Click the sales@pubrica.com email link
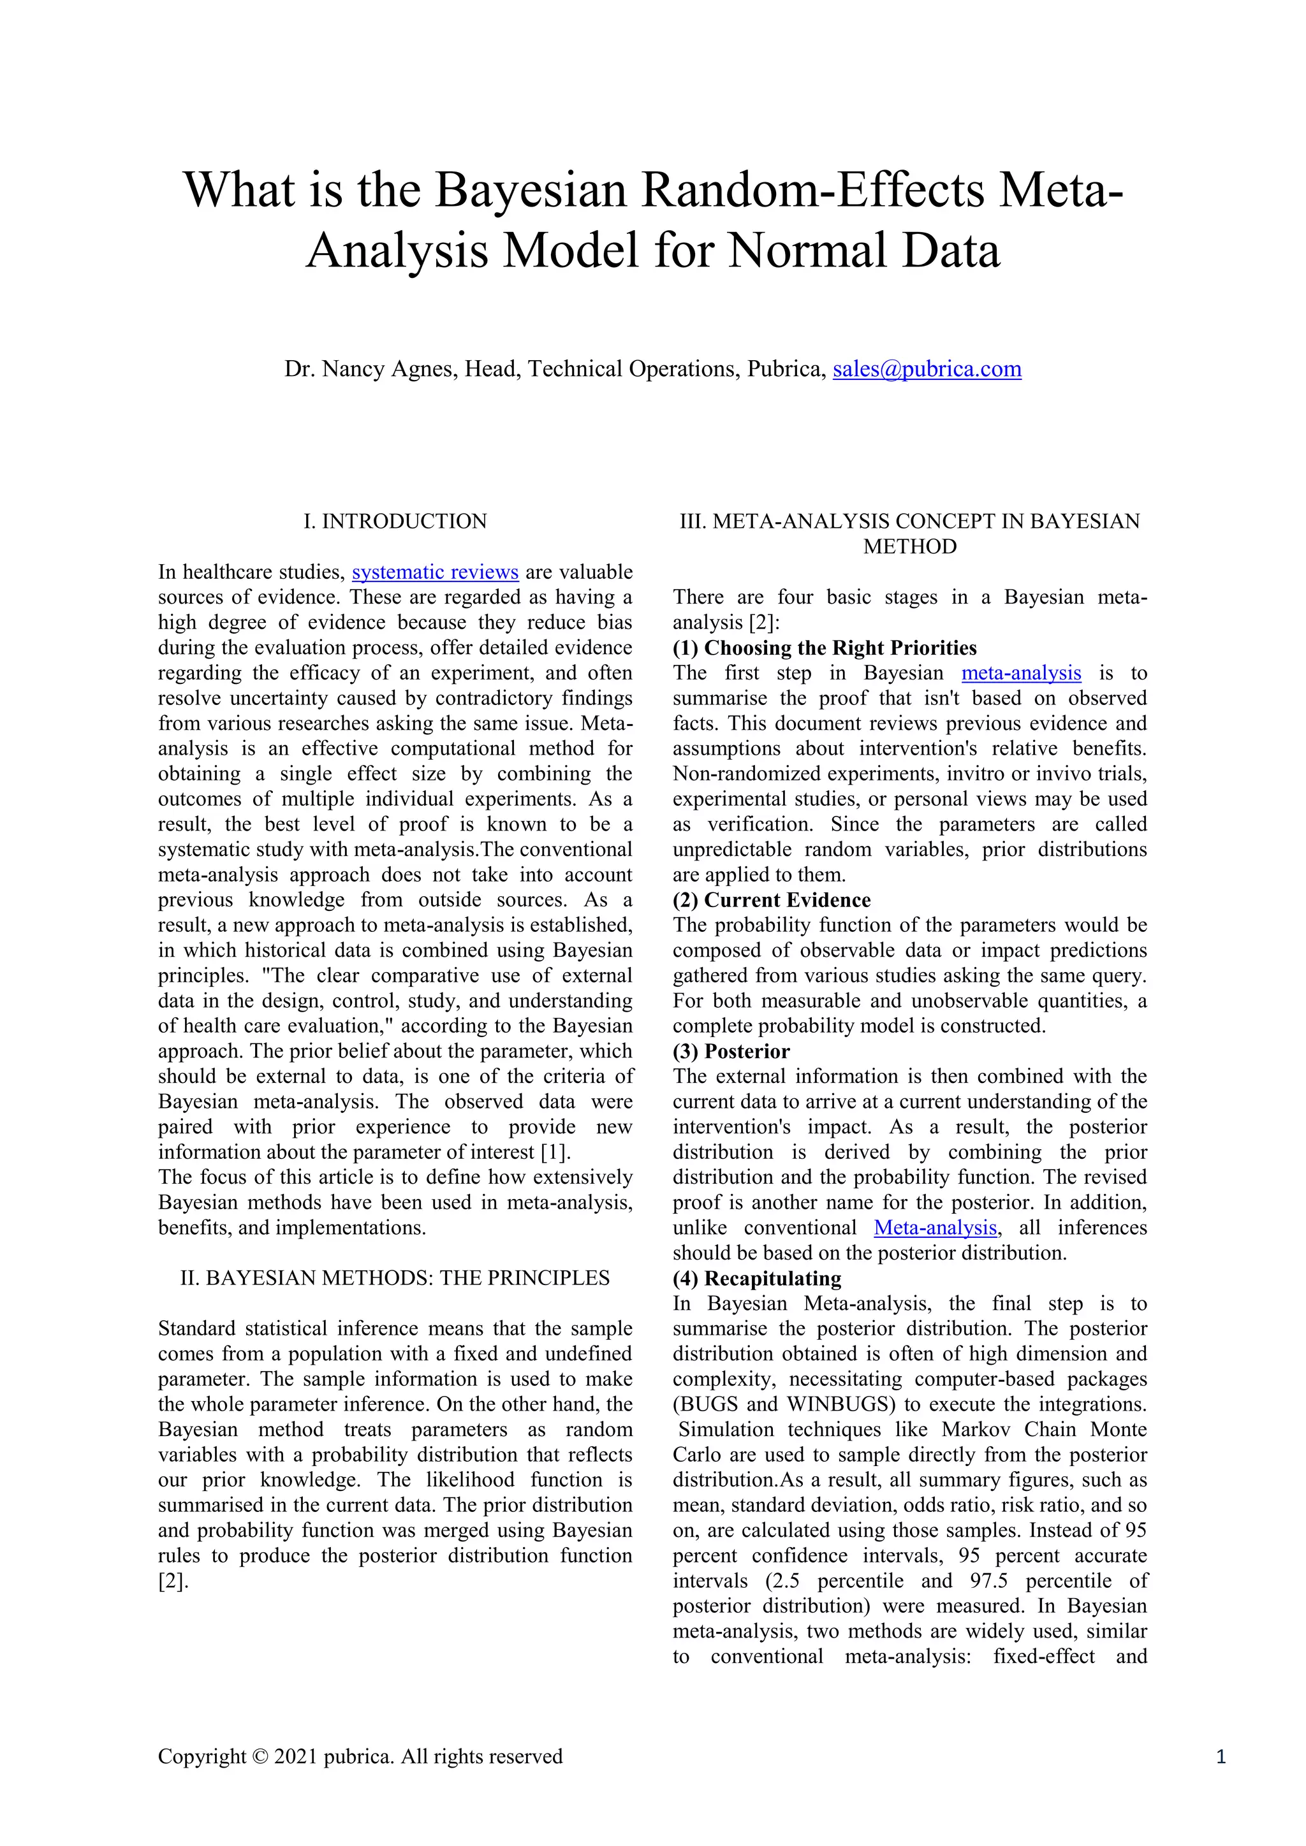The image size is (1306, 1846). (927, 369)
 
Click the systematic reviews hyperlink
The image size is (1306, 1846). (435, 572)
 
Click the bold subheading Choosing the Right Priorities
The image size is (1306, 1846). (840, 648)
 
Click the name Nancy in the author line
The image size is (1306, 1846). (354, 369)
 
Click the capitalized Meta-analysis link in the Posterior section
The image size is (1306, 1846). (935, 1228)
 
